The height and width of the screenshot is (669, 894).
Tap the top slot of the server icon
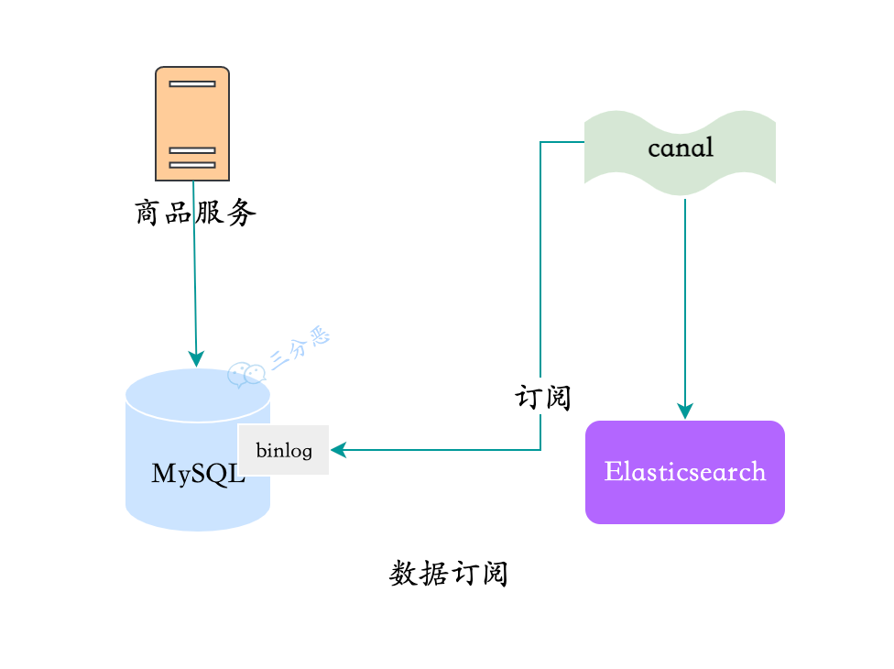pos(192,83)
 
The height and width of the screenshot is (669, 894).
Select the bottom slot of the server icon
pos(192,165)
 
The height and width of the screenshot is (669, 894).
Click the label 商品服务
pos(195,214)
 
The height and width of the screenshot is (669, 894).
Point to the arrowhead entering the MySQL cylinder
pos(196,358)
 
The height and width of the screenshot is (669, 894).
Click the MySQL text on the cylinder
pos(198,474)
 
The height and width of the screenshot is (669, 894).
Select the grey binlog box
pos(284,450)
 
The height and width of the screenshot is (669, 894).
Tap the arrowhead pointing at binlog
pos(337,450)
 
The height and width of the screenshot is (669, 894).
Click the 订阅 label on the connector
pos(542,398)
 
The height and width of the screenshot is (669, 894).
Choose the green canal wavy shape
pos(680,152)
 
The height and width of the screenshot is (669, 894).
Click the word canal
pos(680,148)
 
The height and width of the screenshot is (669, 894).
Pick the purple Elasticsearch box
pos(685,472)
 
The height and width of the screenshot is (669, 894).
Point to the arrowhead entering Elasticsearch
pos(685,411)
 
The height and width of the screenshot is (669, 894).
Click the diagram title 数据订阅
pos(448,575)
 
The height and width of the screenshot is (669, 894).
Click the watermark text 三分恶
pos(300,350)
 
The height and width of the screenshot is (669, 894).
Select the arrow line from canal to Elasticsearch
pos(685,293)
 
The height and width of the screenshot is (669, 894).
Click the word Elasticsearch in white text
pos(685,472)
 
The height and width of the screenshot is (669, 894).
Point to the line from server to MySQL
pos(194,275)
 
